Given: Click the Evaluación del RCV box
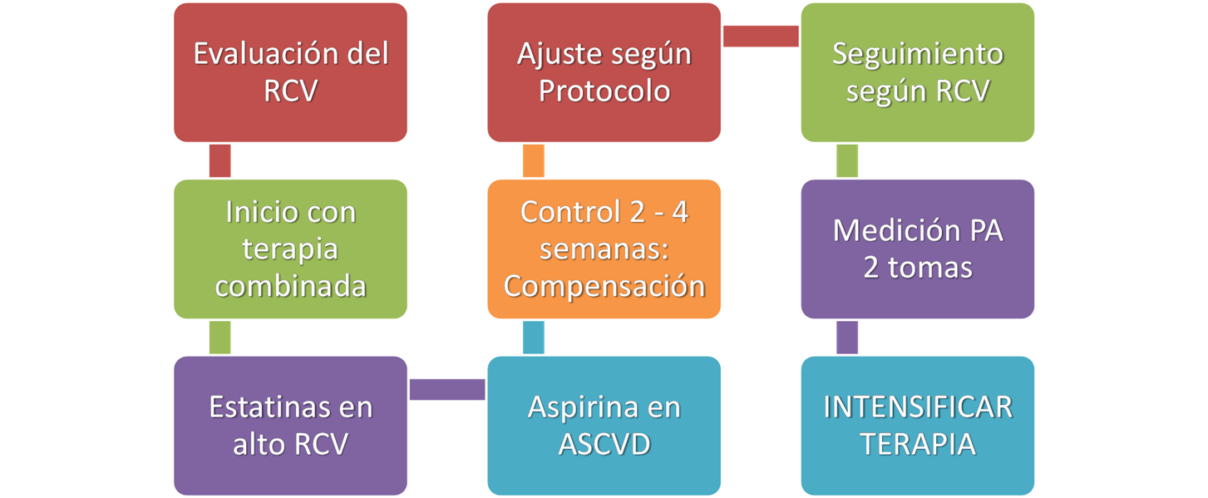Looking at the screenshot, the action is tap(290, 72).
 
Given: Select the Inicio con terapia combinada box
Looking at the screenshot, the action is tap(290, 249).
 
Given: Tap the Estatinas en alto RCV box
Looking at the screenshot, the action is tap(290, 426).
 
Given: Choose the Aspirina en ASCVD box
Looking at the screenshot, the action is tap(604, 426).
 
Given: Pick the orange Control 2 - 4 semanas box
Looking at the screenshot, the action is tap(604, 249).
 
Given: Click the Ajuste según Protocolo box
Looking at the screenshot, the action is tap(604, 72).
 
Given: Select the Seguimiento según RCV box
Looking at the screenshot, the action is tap(917, 72).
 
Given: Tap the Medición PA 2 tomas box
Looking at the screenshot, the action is tap(917, 249).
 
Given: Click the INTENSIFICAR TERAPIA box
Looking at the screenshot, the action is tap(917, 426).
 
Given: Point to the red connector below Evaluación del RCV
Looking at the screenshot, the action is tap(220, 160).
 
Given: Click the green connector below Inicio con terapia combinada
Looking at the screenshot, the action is tap(220, 338).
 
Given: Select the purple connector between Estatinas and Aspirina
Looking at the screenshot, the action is tap(447, 390).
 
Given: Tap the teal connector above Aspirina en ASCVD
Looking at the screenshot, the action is tap(534, 338).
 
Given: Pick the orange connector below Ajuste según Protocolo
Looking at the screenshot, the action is tap(534, 160).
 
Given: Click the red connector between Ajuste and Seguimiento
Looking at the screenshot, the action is tap(761, 36).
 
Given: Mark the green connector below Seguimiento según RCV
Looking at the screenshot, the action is tap(847, 160).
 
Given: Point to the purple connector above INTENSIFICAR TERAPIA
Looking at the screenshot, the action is tap(847, 338).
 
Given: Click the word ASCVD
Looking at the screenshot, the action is tap(604, 445).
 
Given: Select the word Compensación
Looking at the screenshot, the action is tap(604, 287).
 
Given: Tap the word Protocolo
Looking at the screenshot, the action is tap(604, 91).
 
